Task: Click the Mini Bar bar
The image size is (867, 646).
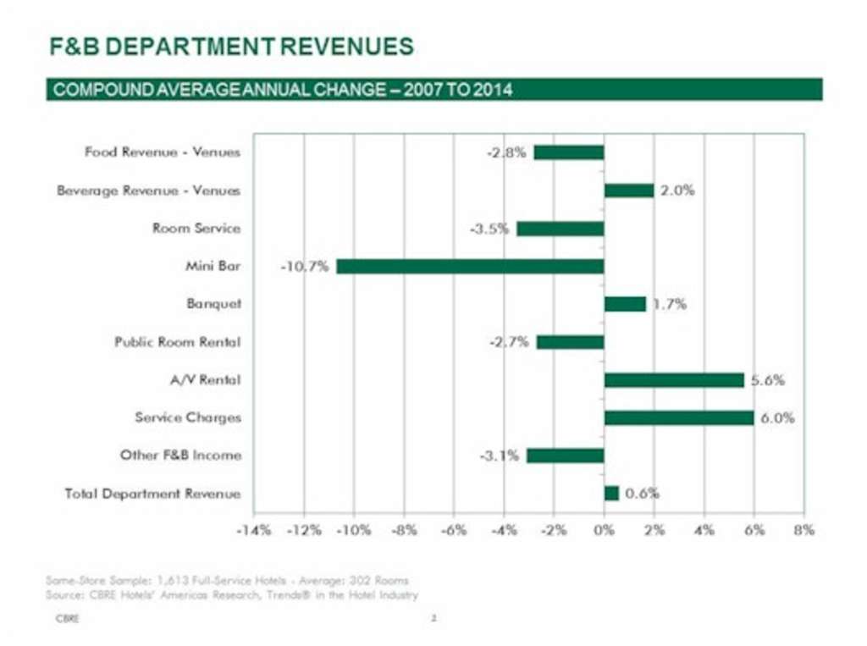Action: [x=470, y=266]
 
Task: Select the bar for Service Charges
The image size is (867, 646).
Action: [x=678, y=417]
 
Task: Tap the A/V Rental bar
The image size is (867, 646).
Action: [x=673, y=380]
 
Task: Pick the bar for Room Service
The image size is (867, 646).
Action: [x=560, y=229]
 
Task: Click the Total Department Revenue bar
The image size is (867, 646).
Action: [x=611, y=493]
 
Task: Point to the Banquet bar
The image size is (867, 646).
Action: [x=625, y=304]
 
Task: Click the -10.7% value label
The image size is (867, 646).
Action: [x=305, y=267]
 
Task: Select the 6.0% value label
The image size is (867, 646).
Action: [x=776, y=418]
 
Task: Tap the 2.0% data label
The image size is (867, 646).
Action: [x=677, y=190]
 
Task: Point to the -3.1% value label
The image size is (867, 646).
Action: [x=500, y=456]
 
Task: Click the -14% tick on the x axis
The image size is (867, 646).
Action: [x=252, y=530]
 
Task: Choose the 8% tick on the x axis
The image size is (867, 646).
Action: [x=803, y=530]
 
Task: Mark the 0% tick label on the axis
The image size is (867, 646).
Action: [x=604, y=530]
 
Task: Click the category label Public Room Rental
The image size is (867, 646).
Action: [x=177, y=342]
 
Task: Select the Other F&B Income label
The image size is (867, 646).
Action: [x=179, y=456]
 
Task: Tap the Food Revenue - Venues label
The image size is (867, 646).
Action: [x=162, y=152]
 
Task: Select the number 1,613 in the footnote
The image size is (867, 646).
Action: [x=167, y=580]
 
